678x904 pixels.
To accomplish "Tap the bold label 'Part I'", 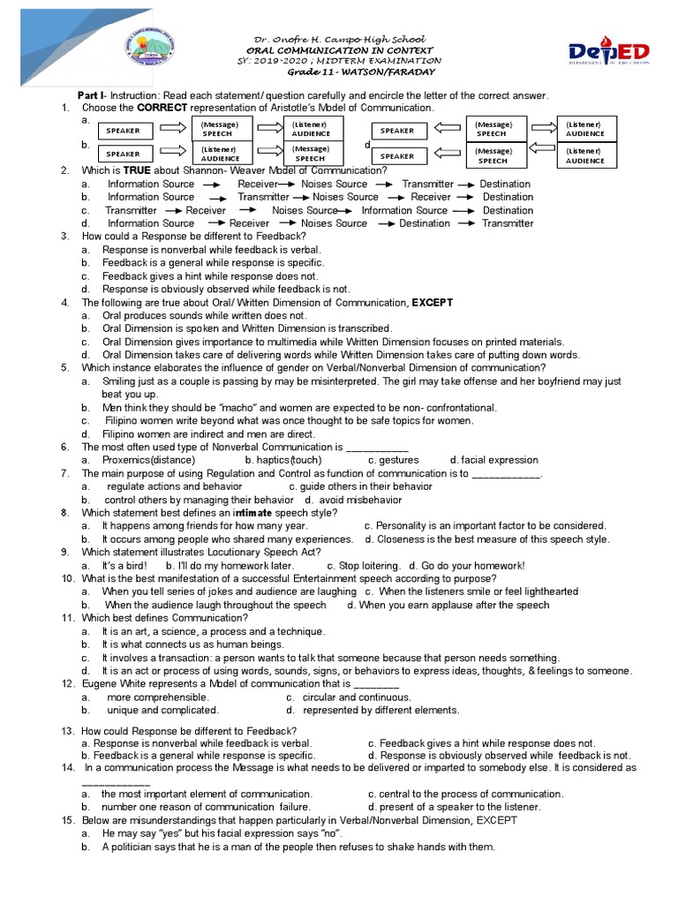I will tap(91, 95).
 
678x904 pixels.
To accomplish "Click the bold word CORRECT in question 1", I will tap(163, 108).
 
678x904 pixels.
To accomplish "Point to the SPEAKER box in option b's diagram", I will tap(124, 153).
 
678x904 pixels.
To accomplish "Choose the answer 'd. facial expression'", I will tap(493, 460).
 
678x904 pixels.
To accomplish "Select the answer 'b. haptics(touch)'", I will tap(283, 460).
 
